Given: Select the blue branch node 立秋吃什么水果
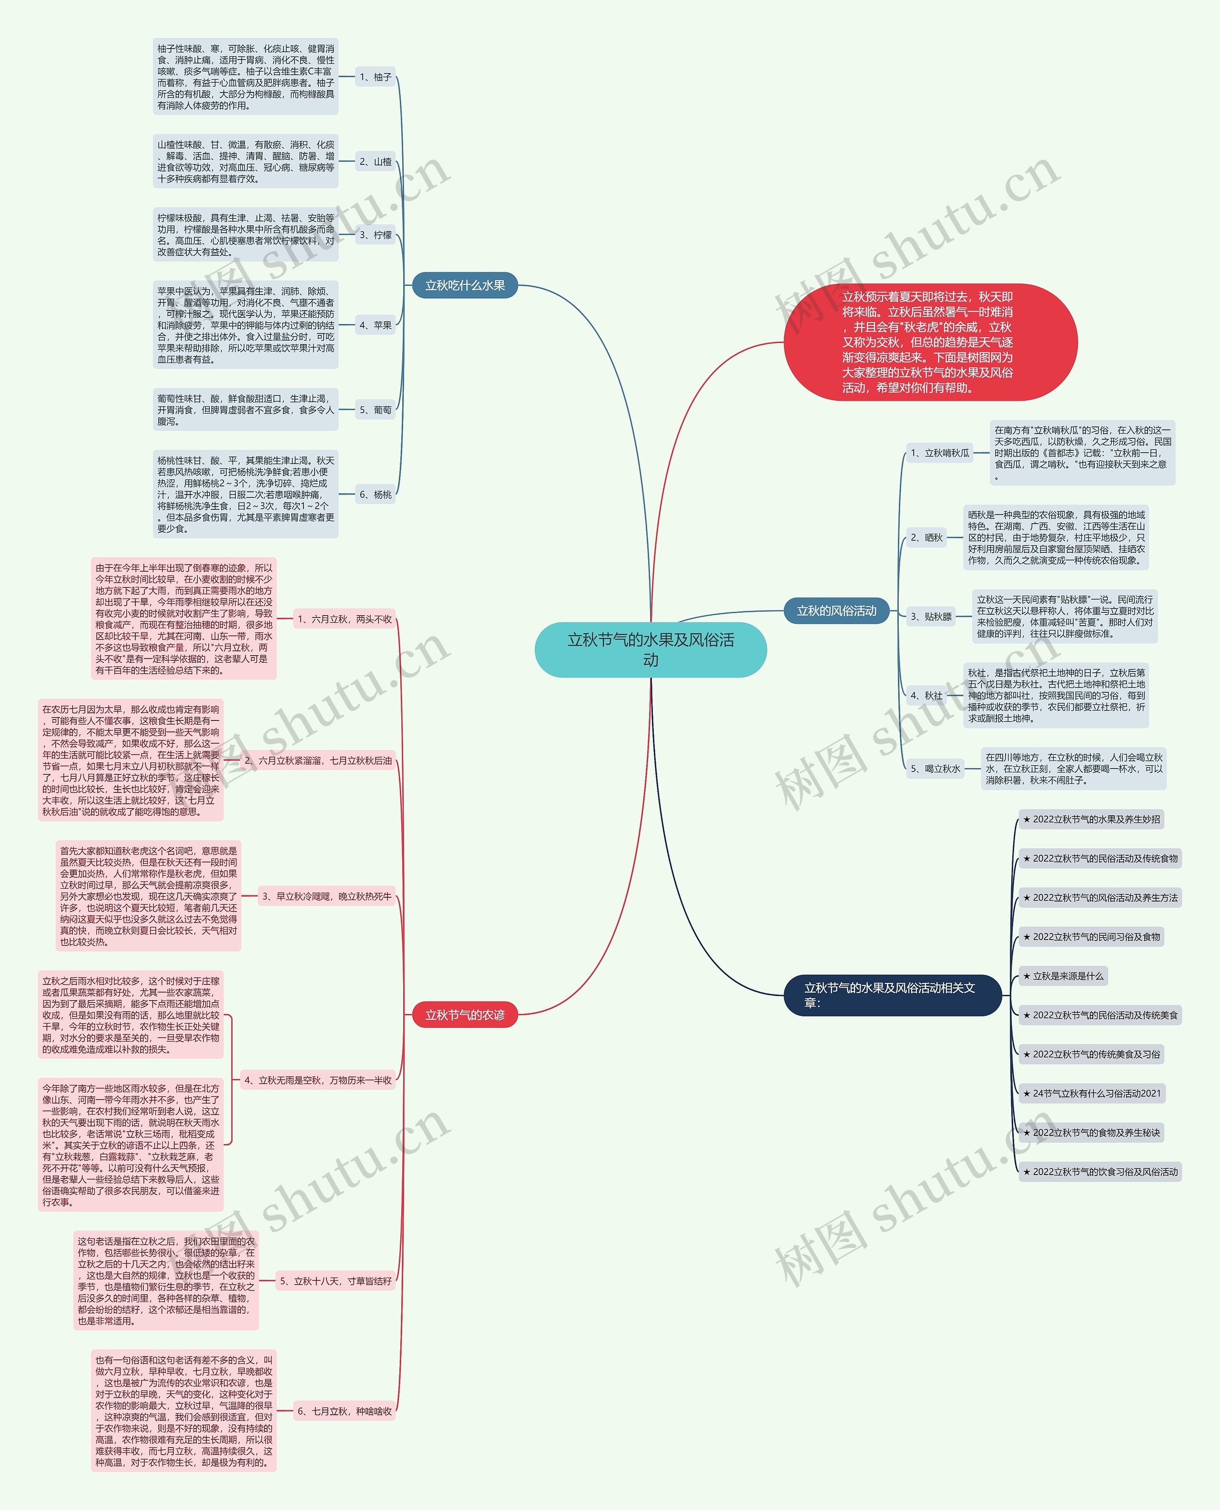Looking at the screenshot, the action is [x=465, y=285].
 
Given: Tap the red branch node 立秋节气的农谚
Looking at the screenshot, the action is [x=465, y=1014].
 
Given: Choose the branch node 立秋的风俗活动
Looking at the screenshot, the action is [x=836, y=610].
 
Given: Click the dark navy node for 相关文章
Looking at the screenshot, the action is [x=891, y=995].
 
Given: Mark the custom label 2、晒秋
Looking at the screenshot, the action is [x=926, y=537].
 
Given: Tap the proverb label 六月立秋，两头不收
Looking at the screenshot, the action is [x=345, y=619].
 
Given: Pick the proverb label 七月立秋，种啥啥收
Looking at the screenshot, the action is [x=345, y=1411].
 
